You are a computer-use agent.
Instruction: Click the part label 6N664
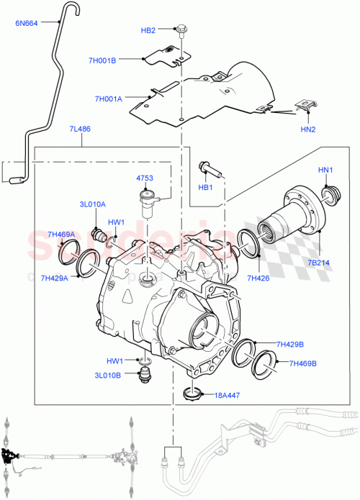click(x=27, y=22)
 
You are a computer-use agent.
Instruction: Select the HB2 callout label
click(x=148, y=30)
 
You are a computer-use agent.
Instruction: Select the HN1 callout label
click(x=326, y=170)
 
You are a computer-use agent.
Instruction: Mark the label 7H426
click(x=258, y=278)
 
